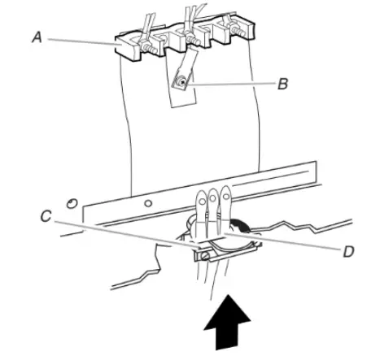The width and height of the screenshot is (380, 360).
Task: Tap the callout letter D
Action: click(x=347, y=251)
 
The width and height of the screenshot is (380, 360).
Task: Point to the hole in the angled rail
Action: click(x=148, y=201)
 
